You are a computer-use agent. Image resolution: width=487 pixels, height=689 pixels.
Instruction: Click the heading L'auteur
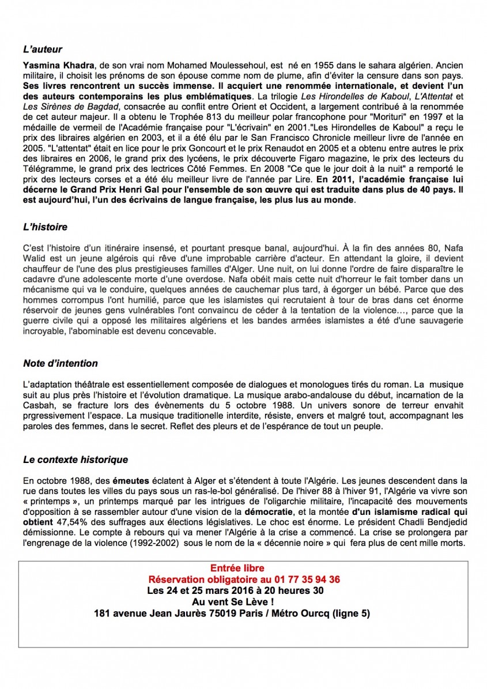click(43, 50)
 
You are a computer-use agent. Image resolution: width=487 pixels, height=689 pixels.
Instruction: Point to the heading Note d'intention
click(61, 363)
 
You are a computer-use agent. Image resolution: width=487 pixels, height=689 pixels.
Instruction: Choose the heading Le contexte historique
click(75, 460)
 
